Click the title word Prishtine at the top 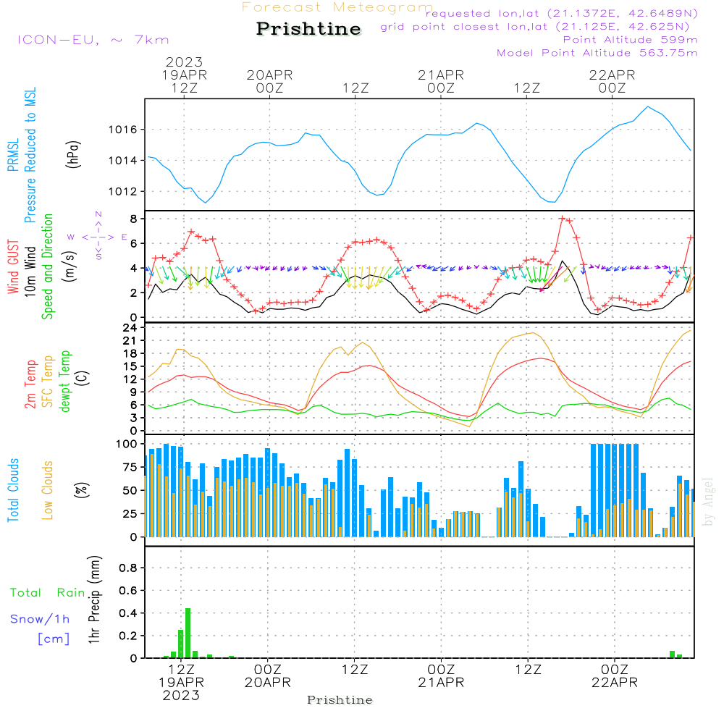tap(308, 29)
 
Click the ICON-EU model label tap(58, 40)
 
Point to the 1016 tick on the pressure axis tap(123, 130)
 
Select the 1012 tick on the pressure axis tap(123, 192)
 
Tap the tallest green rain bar tap(188, 633)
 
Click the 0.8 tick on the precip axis tap(128, 568)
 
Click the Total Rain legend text tap(48, 593)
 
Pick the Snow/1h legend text tap(40, 619)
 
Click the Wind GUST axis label tap(13, 266)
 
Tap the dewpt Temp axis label tap(64, 381)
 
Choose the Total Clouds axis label tap(13, 490)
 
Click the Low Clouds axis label tap(47, 490)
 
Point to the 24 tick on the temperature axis tap(130, 328)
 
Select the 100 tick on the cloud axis tap(127, 445)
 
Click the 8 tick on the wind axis tap(133, 219)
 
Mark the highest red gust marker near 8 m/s tap(562, 219)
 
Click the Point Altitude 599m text tap(631, 40)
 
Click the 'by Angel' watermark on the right tap(708, 502)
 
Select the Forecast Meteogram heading tap(337, 7)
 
